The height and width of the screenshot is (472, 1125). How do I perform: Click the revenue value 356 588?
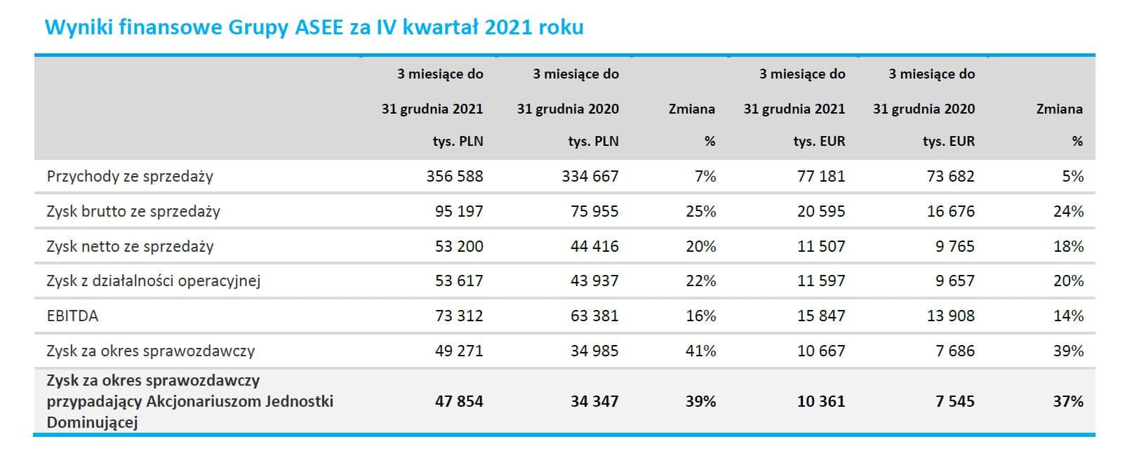pyautogui.click(x=454, y=176)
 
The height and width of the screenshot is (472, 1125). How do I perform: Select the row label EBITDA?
pyautogui.click(x=72, y=316)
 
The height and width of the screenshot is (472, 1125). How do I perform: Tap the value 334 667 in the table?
pyautogui.click(x=590, y=176)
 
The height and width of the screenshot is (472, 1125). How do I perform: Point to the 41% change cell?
pyautogui.click(x=700, y=351)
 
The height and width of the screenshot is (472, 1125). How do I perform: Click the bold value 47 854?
pyautogui.click(x=458, y=401)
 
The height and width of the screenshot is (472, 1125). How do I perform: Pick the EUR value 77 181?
pyautogui.click(x=820, y=176)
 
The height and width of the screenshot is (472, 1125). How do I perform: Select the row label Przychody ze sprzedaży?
pyautogui.click(x=130, y=176)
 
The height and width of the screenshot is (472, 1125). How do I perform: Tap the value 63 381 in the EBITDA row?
pyautogui.click(x=594, y=316)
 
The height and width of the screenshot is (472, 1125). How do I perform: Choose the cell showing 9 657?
pyautogui.click(x=954, y=281)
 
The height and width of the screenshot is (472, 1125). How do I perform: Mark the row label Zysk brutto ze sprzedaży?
pyautogui.click(x=133, y=211)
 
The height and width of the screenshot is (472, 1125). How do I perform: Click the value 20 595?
pyautogui.click(x=820, y=211)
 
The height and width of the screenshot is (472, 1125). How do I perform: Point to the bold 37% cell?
pyautogui.click(x=1067, y=401)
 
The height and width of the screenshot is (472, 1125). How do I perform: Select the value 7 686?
pyautogui.click(x=954, y=351)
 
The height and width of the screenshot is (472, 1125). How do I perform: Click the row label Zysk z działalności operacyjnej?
pyautogui.click(x=153, y=281)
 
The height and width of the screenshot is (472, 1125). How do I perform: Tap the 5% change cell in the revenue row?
pyautogui.click(x=1072, y=176)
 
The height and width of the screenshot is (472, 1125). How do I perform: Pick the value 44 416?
pyautogui.click(x=594, y=246)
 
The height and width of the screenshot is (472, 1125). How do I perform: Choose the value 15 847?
pyautogui.click(x=820, y=316)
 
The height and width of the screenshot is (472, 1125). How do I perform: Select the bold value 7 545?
pyautogui.click(x=954, y=401)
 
